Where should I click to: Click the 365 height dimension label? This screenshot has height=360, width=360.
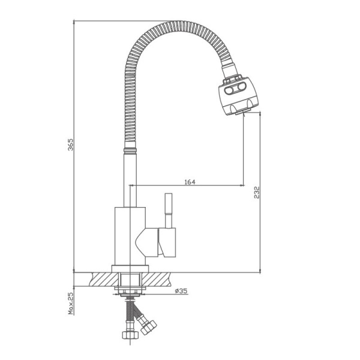tap(71, 145)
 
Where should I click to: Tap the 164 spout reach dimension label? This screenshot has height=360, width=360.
tap(190, 182)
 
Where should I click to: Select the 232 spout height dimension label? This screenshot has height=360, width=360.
tap(257, 193)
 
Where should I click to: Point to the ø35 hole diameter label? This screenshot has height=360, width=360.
tap(181, 291)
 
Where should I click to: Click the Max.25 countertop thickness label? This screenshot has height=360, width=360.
tap(71, 303)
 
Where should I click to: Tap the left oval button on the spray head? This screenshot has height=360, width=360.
tap(229, 91)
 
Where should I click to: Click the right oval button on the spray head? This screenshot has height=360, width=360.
tap(241, 86)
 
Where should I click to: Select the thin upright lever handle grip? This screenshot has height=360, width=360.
tap(168, 203)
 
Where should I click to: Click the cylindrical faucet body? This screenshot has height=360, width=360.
tap(130, 236)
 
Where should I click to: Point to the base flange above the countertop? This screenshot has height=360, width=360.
tap(130, 269)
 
